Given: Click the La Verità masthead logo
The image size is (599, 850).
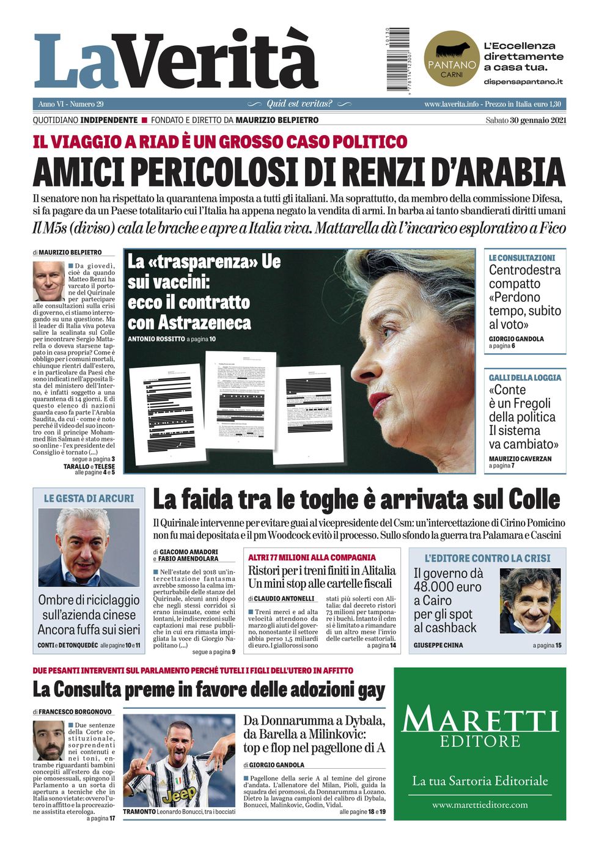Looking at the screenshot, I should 176,61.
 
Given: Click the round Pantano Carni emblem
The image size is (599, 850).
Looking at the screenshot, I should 451,59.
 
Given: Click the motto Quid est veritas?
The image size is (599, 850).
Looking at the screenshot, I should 299,104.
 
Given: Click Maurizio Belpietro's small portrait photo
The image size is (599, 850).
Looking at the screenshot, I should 48,280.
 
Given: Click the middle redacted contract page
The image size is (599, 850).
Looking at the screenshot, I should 241,400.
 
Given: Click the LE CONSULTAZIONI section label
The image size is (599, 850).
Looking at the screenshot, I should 522,258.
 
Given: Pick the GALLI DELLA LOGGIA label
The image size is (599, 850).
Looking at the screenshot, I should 524,378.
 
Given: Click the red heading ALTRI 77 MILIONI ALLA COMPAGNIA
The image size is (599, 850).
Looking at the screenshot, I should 312,557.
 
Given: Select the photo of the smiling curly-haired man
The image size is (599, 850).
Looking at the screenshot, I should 529,600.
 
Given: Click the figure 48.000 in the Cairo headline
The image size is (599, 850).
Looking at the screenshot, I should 447,587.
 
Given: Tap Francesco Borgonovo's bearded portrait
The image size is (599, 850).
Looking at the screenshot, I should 48,740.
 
